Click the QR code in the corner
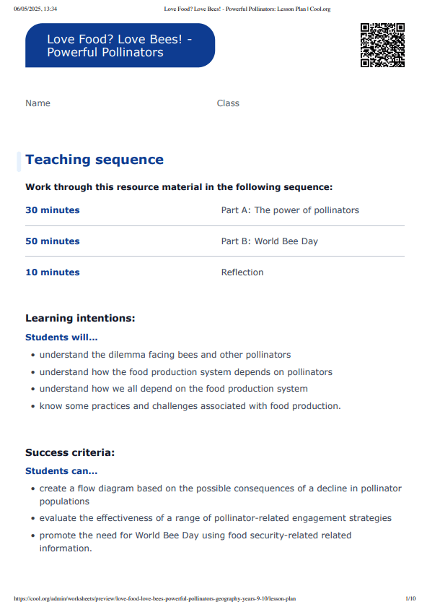pos(382,45)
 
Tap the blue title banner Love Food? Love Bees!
pos(120,46)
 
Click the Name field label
pos(38,103)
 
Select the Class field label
pos(228,103)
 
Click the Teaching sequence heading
pos(94,160)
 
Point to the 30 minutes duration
pos(53,210)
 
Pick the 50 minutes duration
pos(53,241)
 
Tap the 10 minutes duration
pos(53,272)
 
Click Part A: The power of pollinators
pos(290,210)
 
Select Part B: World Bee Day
pos(269,241)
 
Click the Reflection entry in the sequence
pos(242,272)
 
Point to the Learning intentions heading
pos(80,318)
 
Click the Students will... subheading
pos(61,337)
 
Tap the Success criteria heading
pos(70,452)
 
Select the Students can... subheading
pos(61,472)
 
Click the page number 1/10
pos(410,598)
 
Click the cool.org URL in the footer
pos(154,598)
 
